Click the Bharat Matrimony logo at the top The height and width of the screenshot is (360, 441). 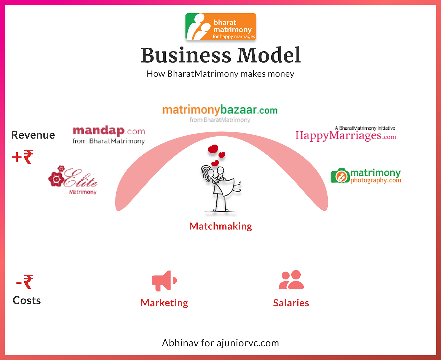tap(220, 27)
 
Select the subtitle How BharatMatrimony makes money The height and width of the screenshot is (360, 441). tap(220, 74)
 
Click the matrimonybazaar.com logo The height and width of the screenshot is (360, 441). tap(220, 113)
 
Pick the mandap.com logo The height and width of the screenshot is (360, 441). tap(109, 135)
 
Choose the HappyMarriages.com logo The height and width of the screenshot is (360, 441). tap(346, 134)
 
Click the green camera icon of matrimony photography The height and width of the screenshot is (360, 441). tap(340, 176)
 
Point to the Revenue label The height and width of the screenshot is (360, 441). tap(33, 135)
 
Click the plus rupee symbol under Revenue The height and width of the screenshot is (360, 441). tap(23, 157)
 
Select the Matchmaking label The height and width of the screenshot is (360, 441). tap(220, 226)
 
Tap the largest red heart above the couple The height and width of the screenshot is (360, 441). tap(213, 149)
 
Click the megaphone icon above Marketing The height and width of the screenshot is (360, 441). tap(164, 281)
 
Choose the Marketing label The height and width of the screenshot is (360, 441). tap(164, 303)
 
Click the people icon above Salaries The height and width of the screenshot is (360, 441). tap(291, 280)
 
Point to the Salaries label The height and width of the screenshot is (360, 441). tap(291, 303)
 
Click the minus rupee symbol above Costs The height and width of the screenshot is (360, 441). tap(25, 281)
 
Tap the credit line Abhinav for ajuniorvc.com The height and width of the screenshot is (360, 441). tap(220, 343)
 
